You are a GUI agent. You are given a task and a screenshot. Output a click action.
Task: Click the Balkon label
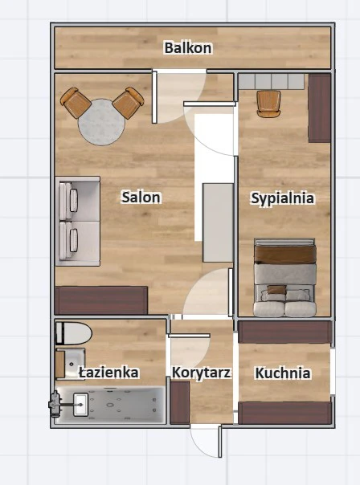pyautogui.click(x=188, y=48)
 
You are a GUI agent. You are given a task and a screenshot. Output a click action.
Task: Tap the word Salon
pyautogui.click(x=141, y=198)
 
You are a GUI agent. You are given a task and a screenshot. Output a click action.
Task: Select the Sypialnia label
pyautogui.click(x=282, y=198)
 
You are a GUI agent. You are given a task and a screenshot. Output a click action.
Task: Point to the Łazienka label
pyautogui.click(x=108, y=373)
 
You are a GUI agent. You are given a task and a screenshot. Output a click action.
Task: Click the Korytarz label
pyautogui.click(x=201, y=373)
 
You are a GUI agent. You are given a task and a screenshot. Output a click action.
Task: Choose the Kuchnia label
pyautogui.click(x=283, y=373)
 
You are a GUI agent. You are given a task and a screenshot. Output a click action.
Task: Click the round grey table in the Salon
pyautogui.click(x=101, y=122)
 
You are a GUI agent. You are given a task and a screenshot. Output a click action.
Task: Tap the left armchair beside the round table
pyautogui.click(x=76, y=103)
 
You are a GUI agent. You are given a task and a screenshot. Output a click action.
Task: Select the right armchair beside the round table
pyautogui.click(x=129, y=103)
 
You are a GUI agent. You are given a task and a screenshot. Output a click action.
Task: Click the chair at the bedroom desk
pyautogui.click(x=268, y=104)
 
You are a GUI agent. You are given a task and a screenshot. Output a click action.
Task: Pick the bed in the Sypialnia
pyautogui.click(x=284, y=278)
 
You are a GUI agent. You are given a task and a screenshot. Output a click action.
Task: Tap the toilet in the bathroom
pyautogui.click(x=74, y=333)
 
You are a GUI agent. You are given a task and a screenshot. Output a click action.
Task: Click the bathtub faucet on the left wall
pyautogui.click(x=55, y=404)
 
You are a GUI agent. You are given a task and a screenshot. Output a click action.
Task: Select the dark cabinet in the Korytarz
pyautogui.click(x=180, y=402)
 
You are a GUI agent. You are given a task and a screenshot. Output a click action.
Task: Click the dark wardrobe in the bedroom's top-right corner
pyautogui.click(x=320, y=108)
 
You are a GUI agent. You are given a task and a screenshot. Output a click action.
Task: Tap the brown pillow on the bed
pyautogui.click(x=276, y=290)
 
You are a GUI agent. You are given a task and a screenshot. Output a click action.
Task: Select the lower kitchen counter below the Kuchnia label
pyautogui.click(x=284, y=413)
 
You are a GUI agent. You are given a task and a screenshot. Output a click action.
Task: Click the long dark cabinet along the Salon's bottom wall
pyautogui.click(x=101, y=300)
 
